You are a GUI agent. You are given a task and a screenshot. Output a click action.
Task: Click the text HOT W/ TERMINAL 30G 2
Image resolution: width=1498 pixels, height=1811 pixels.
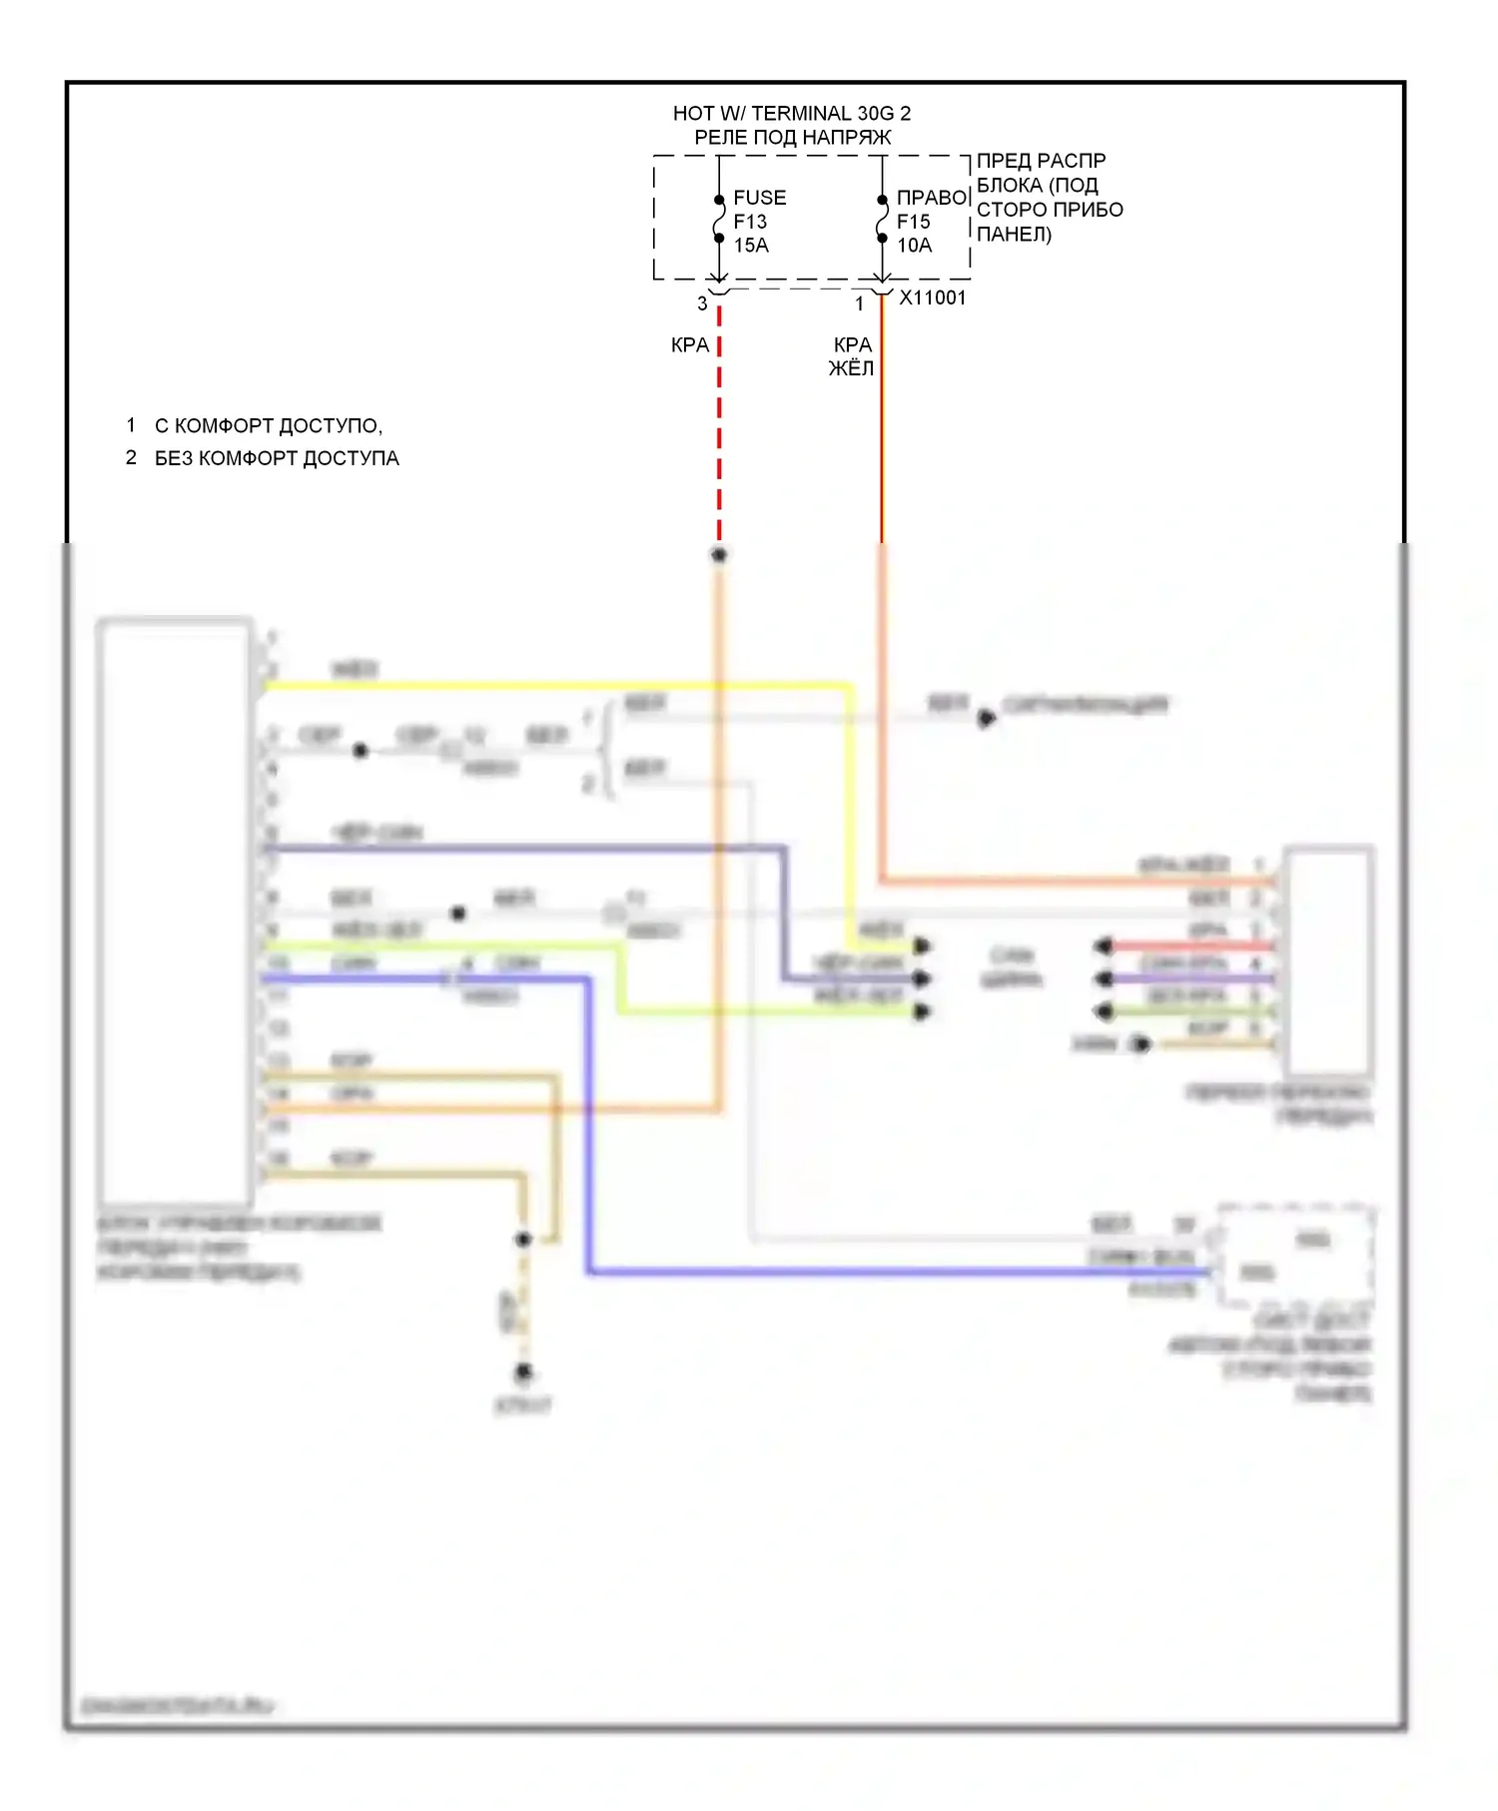tap(791, 113)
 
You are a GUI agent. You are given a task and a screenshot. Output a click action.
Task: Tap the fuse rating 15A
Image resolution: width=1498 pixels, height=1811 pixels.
tap(751, 246)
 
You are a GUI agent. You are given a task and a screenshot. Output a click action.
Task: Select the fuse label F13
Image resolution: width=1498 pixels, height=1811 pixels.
tap(750, 222)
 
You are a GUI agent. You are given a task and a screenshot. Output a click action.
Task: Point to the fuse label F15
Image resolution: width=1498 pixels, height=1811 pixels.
tap(913, 222)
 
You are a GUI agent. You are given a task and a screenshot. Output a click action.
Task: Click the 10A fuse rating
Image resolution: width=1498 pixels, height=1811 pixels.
tap(914, 246)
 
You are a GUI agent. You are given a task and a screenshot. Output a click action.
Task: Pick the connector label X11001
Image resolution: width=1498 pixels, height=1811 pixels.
tap(933, 298)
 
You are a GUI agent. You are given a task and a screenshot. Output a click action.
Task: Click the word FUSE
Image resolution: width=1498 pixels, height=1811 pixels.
tap(760, 198)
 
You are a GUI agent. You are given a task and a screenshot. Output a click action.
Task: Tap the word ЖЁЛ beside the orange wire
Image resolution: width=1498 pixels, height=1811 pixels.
tap(851, 368)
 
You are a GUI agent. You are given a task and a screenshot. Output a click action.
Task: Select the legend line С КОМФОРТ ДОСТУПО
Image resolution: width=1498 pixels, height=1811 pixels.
tap(268, 426)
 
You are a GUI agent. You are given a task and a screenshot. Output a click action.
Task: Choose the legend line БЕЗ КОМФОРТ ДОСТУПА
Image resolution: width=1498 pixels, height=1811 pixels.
tap(277, 458)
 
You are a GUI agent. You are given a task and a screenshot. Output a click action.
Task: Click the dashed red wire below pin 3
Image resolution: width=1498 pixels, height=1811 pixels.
tap(719, 429)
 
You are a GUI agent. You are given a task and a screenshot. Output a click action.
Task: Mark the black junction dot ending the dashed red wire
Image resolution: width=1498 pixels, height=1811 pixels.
tap(719, 554)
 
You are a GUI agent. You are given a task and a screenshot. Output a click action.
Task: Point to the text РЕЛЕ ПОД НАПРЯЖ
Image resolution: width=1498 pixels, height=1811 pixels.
tap(792, 138)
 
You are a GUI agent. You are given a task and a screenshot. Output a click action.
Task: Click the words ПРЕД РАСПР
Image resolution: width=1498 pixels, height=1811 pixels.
tap(1041, 161)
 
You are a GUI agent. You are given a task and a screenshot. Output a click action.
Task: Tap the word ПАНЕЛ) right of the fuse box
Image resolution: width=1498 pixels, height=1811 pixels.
tap(1014, 235)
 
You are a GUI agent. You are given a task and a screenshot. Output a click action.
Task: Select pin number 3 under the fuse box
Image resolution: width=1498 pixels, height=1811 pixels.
tap(702, 302)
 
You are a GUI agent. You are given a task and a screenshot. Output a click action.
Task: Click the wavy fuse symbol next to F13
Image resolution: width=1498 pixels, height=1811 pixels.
tap(719, 219)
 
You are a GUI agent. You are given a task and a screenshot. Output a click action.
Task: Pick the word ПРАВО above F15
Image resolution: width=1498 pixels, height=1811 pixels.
tap(932, 198)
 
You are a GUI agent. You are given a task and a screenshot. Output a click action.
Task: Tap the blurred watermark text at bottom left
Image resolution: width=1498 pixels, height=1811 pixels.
tap(177, 1705)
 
